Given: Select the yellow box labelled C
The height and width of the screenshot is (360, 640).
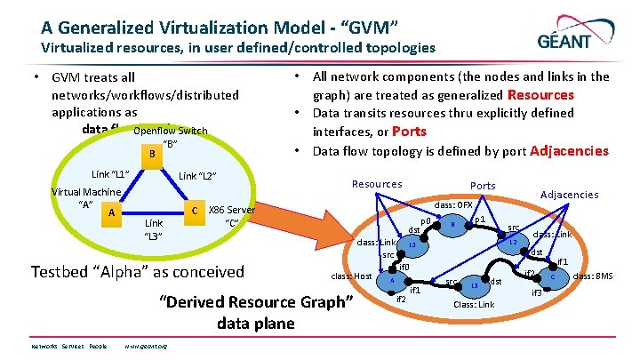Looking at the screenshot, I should [x=194, y=210].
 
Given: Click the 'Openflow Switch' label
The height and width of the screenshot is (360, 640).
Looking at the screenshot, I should [x=170, y=132].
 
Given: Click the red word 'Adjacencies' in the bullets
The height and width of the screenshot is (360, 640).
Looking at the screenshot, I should [x=569, y=150].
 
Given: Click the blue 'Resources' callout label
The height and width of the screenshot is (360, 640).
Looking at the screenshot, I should [x=377, y=184].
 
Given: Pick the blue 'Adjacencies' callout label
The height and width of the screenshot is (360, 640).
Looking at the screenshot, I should [x=570, y=194].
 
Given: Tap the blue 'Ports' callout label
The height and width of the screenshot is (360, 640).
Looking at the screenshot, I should [x=483, y=186].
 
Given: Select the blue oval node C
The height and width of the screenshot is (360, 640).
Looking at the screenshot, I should [x=553, y=277].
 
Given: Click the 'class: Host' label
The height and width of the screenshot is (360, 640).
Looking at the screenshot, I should [x=351, y=276].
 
